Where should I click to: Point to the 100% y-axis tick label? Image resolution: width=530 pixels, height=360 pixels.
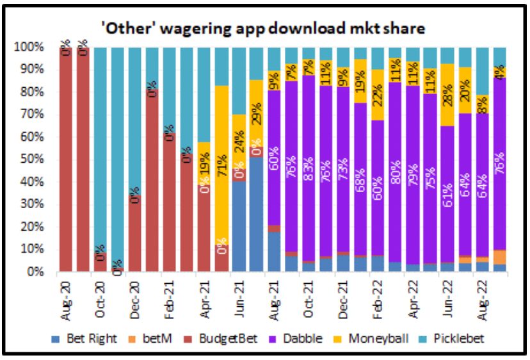[29, 47]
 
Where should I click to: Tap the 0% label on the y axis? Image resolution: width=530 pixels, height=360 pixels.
[34, 272]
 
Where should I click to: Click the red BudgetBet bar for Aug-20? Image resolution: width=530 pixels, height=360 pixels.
[66, 160]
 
